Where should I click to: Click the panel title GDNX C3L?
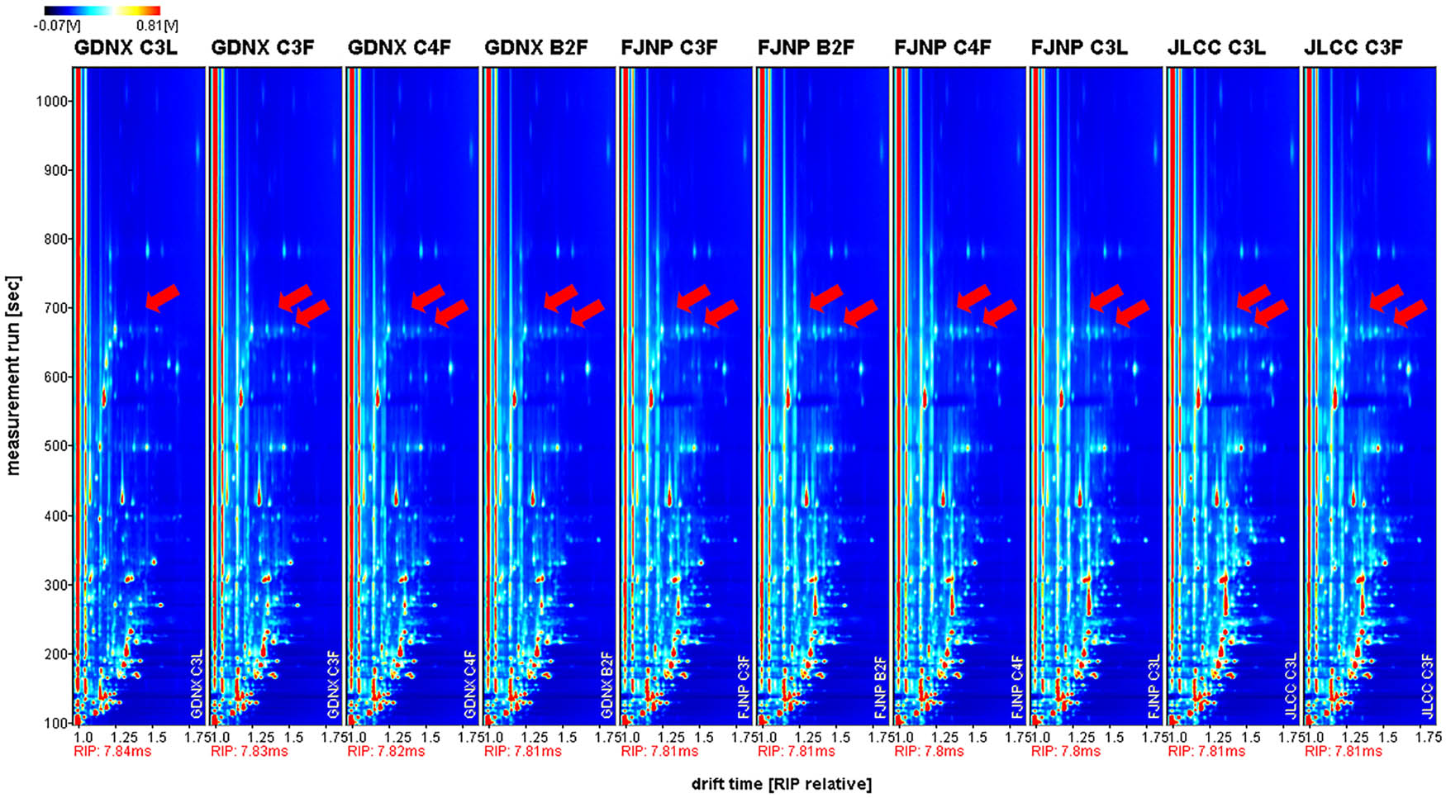(x=126, y=48)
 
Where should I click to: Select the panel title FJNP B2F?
(x=806, y=48)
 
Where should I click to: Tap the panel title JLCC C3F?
(x=1353, y=48)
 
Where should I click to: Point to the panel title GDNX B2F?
(x=536, y=48)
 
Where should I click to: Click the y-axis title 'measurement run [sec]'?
(x=13, y=376)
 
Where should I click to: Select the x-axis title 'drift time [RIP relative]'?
(x=781, y=784)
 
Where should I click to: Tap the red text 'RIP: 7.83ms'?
(x=249, y=752)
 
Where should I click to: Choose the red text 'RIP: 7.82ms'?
(x=386, y=752)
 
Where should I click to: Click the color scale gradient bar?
(x=102, y=11)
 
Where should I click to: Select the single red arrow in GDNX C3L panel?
(x=162, y=297)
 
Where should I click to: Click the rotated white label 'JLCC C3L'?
(x=1291, y=686)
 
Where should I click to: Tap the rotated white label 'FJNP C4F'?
(x=1017, y=686)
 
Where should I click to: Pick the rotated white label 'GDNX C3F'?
(x=333, y=685)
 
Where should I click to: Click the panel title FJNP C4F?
(x=943, y=48)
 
